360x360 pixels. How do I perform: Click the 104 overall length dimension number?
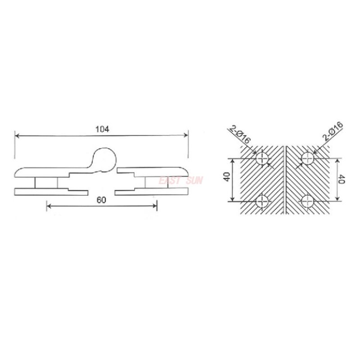[103, 129]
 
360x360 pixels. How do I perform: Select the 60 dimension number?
[101, 201]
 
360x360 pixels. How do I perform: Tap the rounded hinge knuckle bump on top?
[104, 158]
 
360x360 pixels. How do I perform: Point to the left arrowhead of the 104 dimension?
[17, 135]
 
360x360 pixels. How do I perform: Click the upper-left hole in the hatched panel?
[262, 158]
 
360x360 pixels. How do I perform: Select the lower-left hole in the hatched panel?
[262, 201]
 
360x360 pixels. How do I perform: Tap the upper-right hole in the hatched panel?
[308, 158]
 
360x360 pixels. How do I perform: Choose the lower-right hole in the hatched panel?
[308, 201]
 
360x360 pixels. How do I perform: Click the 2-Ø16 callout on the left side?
[239, 134]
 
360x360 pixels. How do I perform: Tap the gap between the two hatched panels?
[285, 180]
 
